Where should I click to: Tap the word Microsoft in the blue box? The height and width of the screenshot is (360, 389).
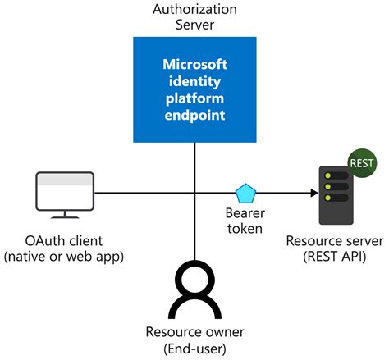click(194, 63)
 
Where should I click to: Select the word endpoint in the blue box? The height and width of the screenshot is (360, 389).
click(194, 116)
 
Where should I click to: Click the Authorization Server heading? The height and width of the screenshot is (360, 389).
click(194, 16)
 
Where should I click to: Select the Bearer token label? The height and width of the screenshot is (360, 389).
click(245, 221)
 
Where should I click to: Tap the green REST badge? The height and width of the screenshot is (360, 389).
click(361, 162)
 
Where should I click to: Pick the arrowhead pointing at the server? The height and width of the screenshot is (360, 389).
click(313, 194)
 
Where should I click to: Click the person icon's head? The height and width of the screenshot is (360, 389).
click(194, 279)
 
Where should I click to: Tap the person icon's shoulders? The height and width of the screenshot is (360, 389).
click(194, 310)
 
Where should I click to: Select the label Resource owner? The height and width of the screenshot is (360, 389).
click(194, 332)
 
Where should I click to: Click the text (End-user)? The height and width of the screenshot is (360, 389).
click(194, 349)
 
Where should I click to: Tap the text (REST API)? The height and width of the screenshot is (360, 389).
click(333, 257)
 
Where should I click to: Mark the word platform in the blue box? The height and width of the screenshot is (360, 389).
click(194, 98)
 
